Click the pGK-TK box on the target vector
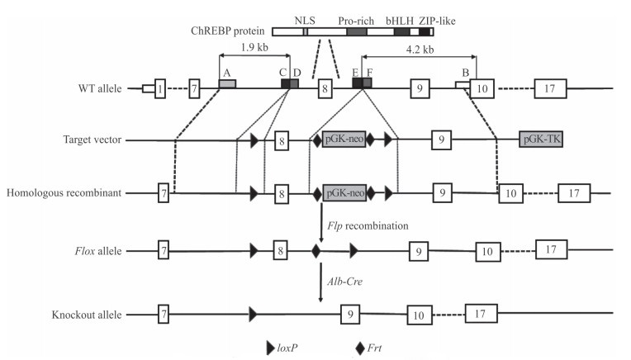pyautogui.click(x=542, y=140)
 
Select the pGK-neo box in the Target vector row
pyautogui.click(x=344, y=140)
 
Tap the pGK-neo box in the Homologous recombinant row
pyautogui.click(x=344, y=194)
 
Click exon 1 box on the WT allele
pyautogui.click(x=159, y=87)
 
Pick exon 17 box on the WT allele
pyautogui.click(x=549, y=87)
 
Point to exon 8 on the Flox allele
pyautogui.click(x=281, y=249)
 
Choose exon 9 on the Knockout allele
pyautogui.click(x=351, y=314)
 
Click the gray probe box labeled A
pyautogui.click(x=227, y=83)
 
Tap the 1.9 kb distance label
pyautogui.click(x=254, y=47)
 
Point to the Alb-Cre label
pyautogui.click(x=345, y=282)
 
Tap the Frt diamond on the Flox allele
pyautogui.click(x=316, y=249)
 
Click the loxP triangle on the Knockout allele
pyautogui.click(x=252, y=314)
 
